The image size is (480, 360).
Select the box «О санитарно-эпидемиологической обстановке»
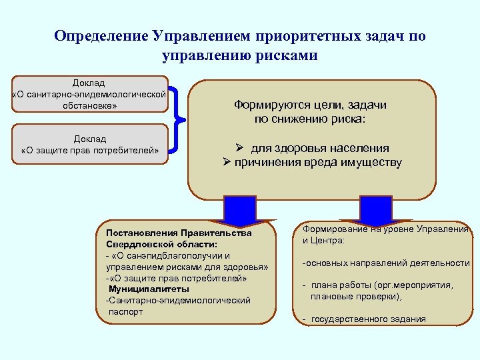coord(89,94)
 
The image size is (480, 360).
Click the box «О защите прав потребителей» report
coord(90,144)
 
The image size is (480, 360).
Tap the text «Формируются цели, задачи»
coord(310,105)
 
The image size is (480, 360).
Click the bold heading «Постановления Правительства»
coord(174,233)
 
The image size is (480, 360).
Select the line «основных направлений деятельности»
coord(387,263)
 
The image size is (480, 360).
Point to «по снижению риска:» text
coord(310,119)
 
